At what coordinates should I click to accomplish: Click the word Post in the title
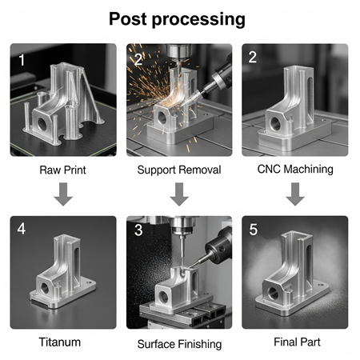pyautogui.click(x=128, y=18)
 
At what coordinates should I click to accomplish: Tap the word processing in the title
pyautogui.click(x=198, y=20)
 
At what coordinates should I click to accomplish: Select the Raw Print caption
pyautogui.click(x=62, y=170)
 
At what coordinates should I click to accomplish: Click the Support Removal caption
pyautogui.click(x=179, y=170)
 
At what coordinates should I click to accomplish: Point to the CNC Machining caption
pyautogui.click(x=295, y=170)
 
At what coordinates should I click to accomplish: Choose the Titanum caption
pyautogui.click(x=60, y=342)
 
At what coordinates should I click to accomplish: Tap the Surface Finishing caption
pyautogui.click(x=179, y=344)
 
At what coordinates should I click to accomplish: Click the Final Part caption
pyautogui.click(x=297, y=342)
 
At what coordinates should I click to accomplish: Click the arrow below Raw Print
pyautogui.click(x=63, y=194)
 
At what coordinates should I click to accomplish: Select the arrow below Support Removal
pyautogui.click(x=179, y=194)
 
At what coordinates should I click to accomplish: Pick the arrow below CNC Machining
pyautogui.click(x=295, y=194)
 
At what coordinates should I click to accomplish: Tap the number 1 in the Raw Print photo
pyautogui.click(x=22, y=60)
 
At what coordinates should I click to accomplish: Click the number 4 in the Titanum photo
pyautogui.click(x=22, y=229)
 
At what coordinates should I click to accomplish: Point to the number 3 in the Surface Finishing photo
pyautogui.click(x=138, y=230)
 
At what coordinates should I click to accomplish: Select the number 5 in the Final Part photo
pyautogui.click(x=254, y=230)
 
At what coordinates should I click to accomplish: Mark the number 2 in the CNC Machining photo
pyautogui.click(x=252, y=58)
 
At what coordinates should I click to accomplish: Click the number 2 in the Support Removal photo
pyautogui.click(x=138, y=60)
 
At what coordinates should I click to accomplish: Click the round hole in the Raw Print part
pyautogui.click(x=42, y=124)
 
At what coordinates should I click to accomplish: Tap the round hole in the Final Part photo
pyautogui.click(x=274, y=294)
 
